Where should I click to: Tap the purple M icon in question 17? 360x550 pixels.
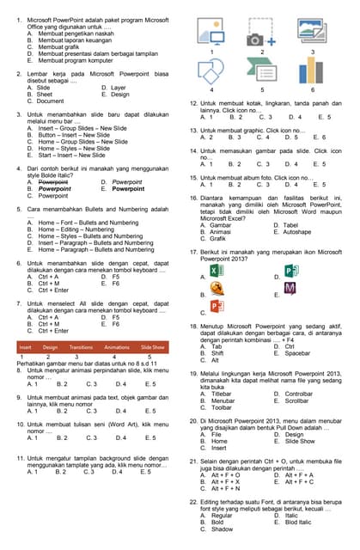[290, 288]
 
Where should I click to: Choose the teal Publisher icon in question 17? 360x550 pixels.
[290, 272]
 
